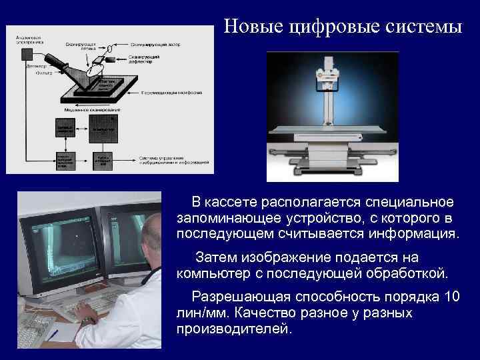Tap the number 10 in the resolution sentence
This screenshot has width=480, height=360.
pyautogui.click(x=451, y=297)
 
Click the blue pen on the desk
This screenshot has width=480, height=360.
pyautogui.click(x=53, y=334)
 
